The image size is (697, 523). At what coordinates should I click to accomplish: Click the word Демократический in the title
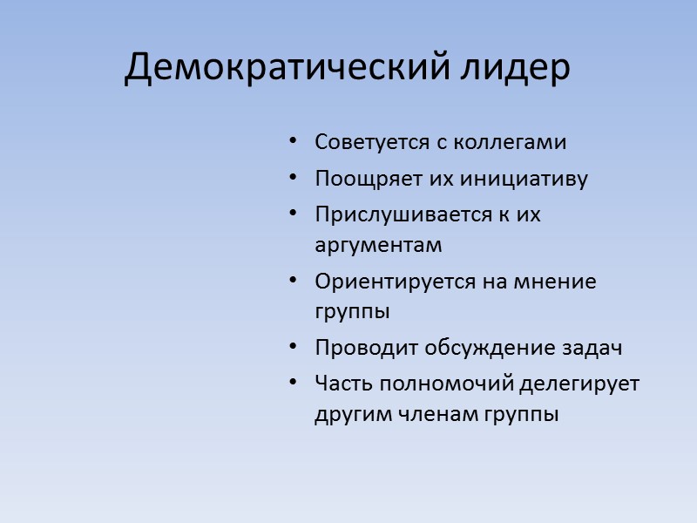[x=287, y=68]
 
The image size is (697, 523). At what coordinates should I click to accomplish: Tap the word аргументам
[x=378, y=247]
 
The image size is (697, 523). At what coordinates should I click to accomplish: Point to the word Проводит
[x=356, y=348]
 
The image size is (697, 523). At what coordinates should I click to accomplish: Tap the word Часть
[x=339, y=384]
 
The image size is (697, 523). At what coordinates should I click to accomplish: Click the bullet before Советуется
[x=293, y=141]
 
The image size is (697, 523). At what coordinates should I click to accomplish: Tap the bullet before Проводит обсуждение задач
[x=293, y=348]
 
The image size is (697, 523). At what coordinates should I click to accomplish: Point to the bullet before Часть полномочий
[x=293, y=384]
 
